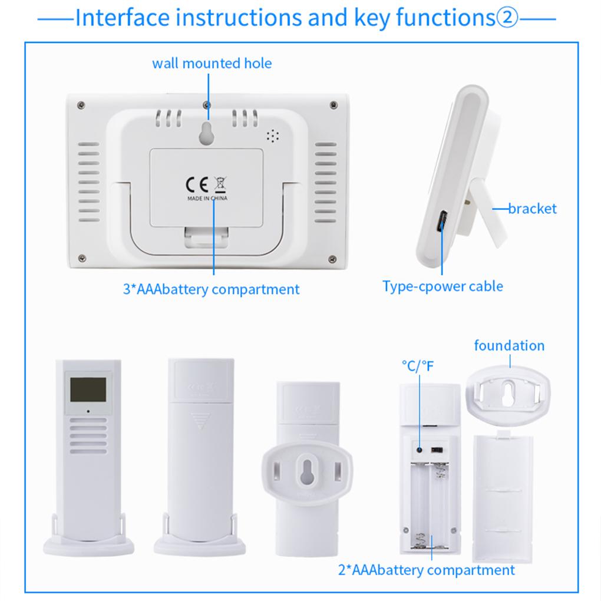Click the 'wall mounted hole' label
click(x=212, y=63)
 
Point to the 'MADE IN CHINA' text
click(x=207, y=199)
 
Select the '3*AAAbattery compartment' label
click(x=211, y=289)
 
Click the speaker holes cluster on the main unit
click(x=272, y=136)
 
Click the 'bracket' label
click(x=532, y=208)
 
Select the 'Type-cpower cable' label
click(x=443, y=286)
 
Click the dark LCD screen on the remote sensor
click(x=88, y=389)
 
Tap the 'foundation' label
click(x=509, y=345)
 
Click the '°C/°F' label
click(x=417, y=366)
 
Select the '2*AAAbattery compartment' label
click(x=426, y=570)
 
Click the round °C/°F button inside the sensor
click(x=420, y=449)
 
